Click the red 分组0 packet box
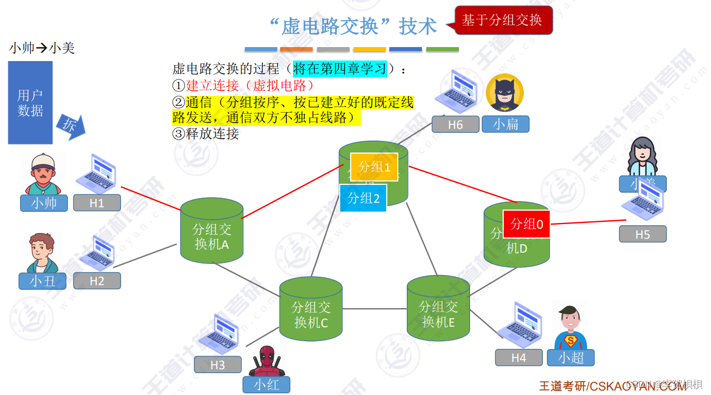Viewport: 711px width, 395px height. tap(527, 224)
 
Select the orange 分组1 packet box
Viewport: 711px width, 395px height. tap(374, 166)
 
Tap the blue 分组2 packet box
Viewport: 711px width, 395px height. tap(363, 198)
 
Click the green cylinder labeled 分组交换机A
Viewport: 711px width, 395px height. tap(212, 230)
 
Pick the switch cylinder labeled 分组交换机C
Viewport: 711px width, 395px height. tap(310, 309)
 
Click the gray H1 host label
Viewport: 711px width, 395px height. tap(97, 203)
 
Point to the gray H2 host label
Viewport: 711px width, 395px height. tap(97, 281)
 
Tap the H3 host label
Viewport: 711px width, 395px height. tap(217, 365)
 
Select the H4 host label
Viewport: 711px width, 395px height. tap(518, 357)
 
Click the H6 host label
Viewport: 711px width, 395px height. tap(455, 124)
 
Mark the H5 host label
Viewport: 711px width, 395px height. tap(642, 234)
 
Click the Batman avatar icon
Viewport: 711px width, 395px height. tap(504, 94)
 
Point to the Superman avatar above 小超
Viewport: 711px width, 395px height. tap(570, 328)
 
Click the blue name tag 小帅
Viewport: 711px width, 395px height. tap(44, 203)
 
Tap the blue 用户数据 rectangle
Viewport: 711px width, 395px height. tap(30, 103)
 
